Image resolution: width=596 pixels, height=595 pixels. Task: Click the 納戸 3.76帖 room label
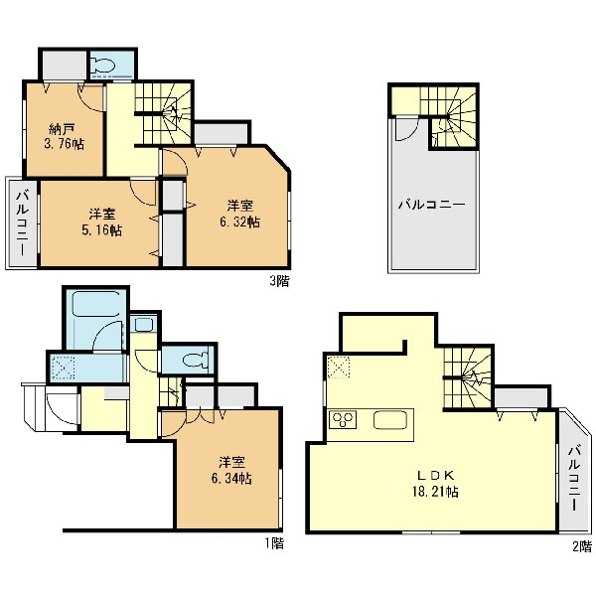[65, 137]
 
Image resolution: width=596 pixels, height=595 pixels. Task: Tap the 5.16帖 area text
[102, 230]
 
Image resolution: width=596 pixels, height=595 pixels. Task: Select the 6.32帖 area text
[239, 222]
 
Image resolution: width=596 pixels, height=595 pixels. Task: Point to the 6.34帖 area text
[231, 478]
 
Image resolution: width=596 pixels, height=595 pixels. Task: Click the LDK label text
[435, 475]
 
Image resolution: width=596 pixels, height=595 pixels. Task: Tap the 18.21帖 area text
[435, 492]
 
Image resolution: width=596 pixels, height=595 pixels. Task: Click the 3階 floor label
[279, 281]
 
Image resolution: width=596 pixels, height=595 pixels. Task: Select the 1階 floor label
[274, 543]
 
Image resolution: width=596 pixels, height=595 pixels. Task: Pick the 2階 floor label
[582, 546]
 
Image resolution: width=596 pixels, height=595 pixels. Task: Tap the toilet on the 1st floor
[196, 360]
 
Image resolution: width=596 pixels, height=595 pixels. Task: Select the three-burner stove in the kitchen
[343, 420]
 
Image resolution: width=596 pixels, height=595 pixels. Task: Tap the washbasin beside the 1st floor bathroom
[144, 325]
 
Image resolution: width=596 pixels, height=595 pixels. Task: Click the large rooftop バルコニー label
[431, 205]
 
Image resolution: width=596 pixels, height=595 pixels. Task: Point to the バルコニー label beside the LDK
[574, 478]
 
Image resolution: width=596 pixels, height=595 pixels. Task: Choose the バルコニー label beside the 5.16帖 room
[21, 223]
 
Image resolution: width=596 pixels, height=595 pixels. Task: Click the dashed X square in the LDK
[339, 368]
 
